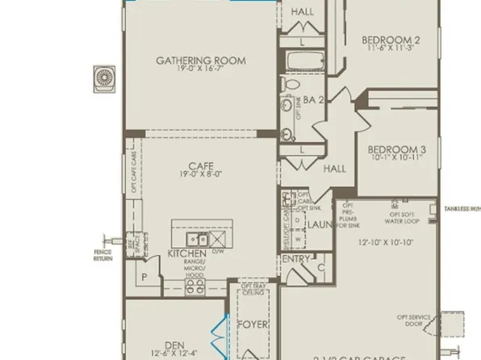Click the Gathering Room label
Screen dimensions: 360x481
tap(200, 61)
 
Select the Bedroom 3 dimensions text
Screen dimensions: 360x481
tap(395, 159)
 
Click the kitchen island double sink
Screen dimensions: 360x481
tap(198, 240)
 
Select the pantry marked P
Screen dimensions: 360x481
tap(144, 275)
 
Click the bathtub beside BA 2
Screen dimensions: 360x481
tap(301, 61)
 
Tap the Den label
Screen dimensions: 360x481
tap(174, 342)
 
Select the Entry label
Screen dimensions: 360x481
tap(295, 259)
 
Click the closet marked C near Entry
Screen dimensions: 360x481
tap(320, 266)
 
